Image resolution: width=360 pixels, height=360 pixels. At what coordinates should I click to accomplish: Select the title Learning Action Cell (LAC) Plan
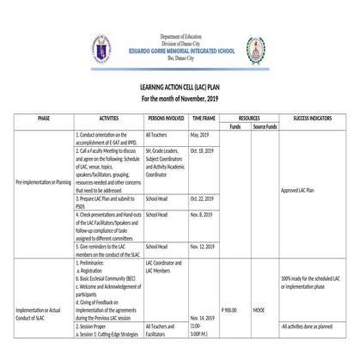tap(180, 89)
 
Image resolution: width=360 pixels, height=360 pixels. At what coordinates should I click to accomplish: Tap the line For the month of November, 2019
tap(180, 100)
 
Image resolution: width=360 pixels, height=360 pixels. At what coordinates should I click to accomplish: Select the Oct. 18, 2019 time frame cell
tap(203, 150)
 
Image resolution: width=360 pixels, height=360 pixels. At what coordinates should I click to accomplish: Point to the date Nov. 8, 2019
tap(202, 214)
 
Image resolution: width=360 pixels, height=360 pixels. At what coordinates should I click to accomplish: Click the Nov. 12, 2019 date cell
tap(203, 246)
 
